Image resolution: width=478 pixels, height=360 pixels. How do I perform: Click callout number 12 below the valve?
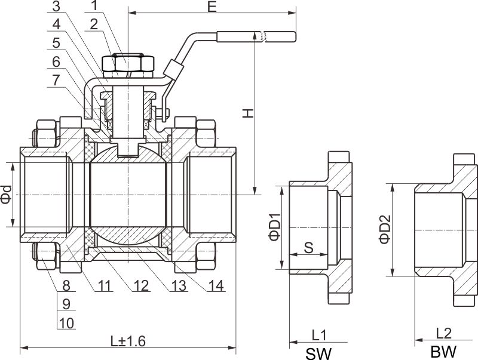click(141, 285)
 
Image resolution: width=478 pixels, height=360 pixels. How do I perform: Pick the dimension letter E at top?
click(211, 7)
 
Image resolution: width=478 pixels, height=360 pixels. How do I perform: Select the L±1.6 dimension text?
click(128, 341)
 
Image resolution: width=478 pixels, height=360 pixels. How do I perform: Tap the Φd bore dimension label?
click(6, 195)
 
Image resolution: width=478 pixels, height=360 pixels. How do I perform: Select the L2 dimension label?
click(443, 333)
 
